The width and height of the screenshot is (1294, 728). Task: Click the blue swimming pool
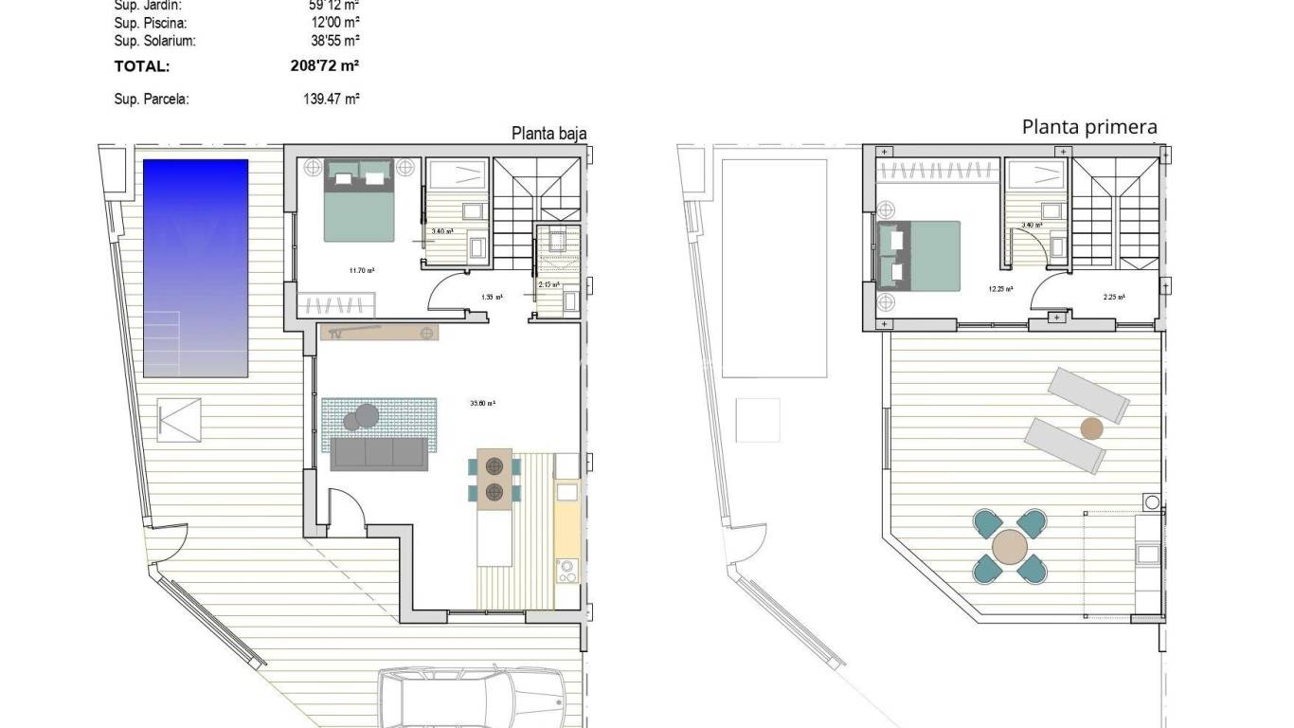[195, 268]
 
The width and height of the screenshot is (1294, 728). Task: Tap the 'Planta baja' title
[548, 134]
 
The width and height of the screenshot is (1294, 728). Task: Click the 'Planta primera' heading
[1089, 127]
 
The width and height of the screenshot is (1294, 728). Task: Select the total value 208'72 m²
[326, 66]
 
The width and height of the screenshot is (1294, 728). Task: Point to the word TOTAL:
[142, 66]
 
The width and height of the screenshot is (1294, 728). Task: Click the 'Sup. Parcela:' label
[152, 99]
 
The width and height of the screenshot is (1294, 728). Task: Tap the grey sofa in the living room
[379, 454]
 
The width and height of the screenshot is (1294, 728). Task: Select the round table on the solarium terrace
[1011, 547]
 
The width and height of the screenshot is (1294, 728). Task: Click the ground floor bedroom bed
[360, 201]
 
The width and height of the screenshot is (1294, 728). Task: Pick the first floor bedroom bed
[918, 256]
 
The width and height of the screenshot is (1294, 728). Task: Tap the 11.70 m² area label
[361, 271]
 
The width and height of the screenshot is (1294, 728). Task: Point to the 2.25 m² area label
[1114, 297]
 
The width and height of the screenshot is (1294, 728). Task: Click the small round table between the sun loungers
[1092, 428]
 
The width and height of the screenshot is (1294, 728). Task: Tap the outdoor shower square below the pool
[180, 418]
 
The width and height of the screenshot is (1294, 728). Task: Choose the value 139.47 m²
[326, 99]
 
